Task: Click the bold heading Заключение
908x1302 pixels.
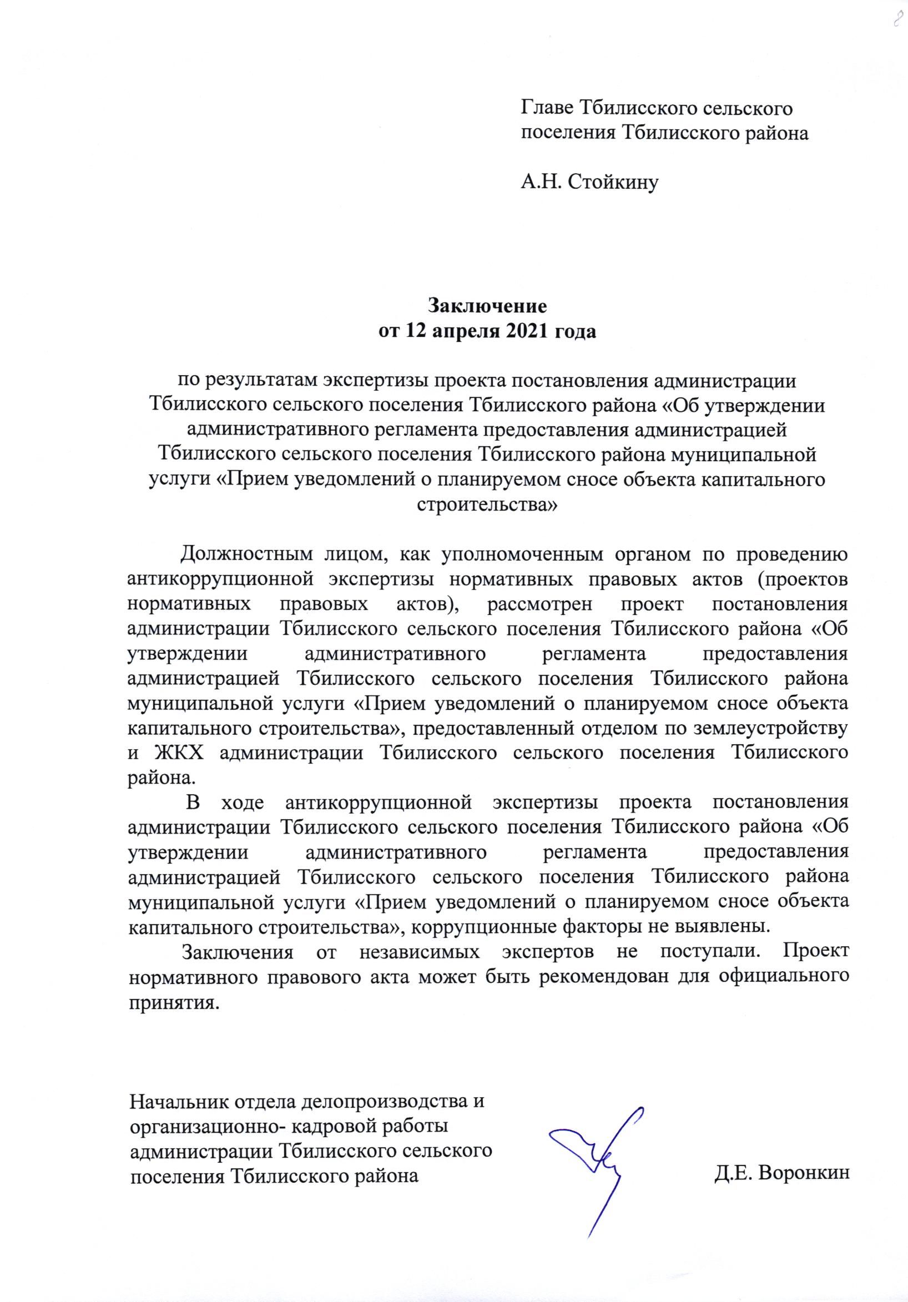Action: click(487, 306)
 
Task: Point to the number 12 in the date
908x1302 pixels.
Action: click(415, 331)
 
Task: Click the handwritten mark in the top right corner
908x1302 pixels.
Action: click(897, 19)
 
